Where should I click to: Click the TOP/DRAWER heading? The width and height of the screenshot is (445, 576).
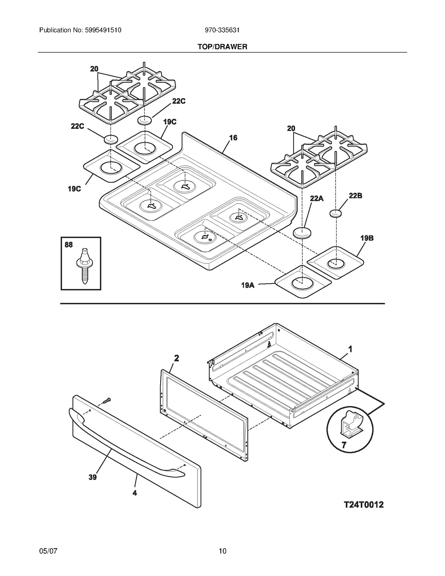coord(222,47)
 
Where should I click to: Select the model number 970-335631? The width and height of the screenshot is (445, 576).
coord(222,30)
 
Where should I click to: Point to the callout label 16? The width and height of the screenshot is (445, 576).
coord(233,138)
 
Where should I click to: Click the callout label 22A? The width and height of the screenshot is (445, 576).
coord(317,198)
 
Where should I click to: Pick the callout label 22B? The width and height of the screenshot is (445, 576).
coord(355,196)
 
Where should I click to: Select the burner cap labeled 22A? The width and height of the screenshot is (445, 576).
coord(302,233)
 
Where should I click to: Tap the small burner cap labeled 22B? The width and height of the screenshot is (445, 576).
coord(336,213)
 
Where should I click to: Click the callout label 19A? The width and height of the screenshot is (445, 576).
coord(248,285)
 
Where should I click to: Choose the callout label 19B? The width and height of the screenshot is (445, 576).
coord(367,238)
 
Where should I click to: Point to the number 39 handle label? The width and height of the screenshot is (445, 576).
coord(93,477)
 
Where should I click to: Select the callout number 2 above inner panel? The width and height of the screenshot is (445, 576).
coord(176,358)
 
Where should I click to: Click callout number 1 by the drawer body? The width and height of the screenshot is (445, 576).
coord(350,349)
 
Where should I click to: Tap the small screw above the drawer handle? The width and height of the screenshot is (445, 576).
coord(107,401)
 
